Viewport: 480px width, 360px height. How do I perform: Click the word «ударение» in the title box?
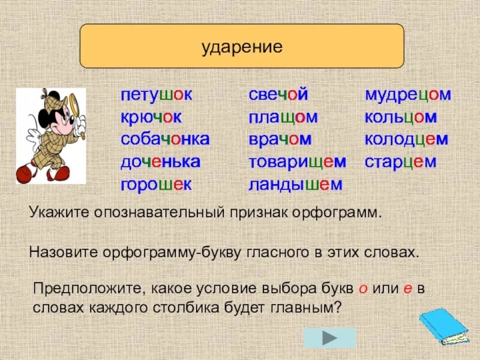tap(242, 47)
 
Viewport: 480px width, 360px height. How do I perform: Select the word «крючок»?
tap(151, 118)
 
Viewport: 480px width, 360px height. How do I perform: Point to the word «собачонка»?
tap(165, 140)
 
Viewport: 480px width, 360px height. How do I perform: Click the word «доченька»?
tap(160, 162)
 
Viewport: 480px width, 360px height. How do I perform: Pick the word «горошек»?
tap(156, 184)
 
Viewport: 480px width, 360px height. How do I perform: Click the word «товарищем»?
tap(298, 162)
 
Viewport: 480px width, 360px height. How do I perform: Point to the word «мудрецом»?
tap(408, 95)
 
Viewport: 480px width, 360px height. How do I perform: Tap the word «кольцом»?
tap(401, 118)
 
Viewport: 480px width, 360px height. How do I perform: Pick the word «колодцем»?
tap(407, 140)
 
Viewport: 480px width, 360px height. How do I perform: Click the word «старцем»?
tap(400, 162)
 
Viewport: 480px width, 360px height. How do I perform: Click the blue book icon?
tap(443, 327)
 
